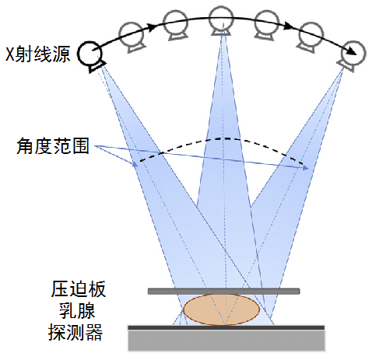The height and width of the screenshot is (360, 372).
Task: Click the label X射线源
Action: (38, 54)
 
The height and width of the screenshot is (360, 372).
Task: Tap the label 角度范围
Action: (53, 146)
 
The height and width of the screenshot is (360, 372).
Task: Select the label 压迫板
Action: (79, 289)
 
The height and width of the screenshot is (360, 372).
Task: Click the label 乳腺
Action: (77, 310)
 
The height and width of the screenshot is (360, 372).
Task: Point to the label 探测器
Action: (75, 332)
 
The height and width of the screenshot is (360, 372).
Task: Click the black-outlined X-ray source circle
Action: (90, 54)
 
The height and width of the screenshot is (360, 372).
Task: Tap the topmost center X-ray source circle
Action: (221, 19)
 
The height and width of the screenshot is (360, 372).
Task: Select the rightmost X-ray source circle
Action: (353, 53)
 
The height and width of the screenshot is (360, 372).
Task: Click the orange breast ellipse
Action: (221, 309)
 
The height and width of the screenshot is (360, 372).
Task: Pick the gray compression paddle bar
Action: (224, 291)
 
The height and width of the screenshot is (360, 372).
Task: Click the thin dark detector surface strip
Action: (226, 328)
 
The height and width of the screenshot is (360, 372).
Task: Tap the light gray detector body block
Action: (226, 341)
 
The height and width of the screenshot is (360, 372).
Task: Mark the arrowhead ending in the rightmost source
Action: (353, 51)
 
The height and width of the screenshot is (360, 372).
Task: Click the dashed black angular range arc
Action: (222, 138)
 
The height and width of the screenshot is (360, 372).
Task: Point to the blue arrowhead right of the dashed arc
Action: (306, 168)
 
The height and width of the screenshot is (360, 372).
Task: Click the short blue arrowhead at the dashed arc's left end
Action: (135, 164)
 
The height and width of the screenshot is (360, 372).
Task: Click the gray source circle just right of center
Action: (267, 23)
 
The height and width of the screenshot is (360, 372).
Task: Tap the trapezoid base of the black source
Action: (97, 67)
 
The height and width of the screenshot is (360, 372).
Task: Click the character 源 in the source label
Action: (61, 54)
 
